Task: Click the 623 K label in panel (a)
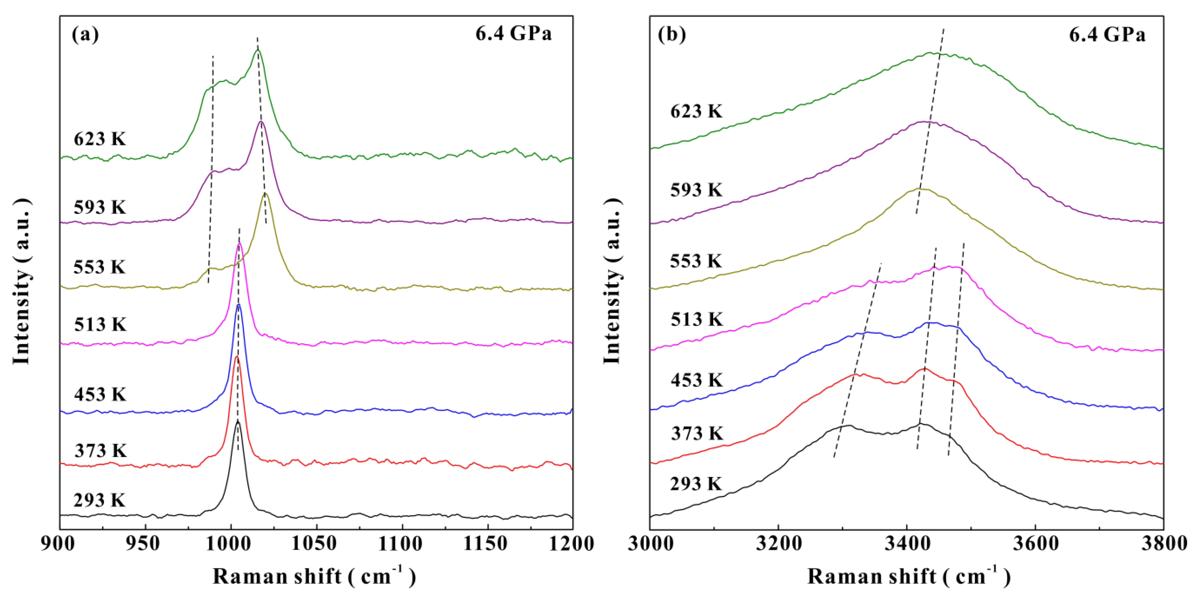(99, 139)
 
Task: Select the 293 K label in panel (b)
(696, 484)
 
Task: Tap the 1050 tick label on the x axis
(317, 544)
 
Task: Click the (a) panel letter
(85, 35)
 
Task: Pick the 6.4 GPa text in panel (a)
(513, 33)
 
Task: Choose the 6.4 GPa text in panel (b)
(1107, 35)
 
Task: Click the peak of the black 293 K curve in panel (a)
(238, 421)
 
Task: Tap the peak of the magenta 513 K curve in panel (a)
(239, 243)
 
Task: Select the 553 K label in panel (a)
(99, 267)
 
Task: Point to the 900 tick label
(60, 544)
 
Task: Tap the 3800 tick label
(1163, 544)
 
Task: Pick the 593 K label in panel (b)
(696, 190)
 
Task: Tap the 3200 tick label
(779, 544)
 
